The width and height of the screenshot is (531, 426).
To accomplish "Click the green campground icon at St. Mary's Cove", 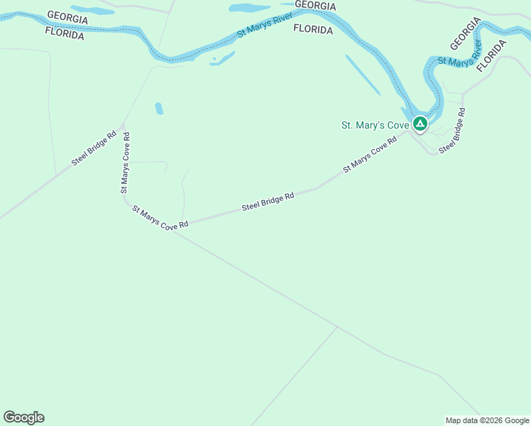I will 420,124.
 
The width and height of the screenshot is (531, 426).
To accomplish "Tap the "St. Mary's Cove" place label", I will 376,125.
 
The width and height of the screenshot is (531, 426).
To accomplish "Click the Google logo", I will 23,417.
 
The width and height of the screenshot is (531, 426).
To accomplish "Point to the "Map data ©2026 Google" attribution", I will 488,420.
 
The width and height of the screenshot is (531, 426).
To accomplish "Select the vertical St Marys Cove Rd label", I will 125,163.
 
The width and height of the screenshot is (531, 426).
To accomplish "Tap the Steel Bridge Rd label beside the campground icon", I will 452,130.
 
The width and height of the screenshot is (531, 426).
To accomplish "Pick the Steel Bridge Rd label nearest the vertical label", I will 93,148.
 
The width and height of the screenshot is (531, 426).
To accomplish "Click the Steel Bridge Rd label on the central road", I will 268,202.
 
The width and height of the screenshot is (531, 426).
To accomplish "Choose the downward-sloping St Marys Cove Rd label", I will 160,217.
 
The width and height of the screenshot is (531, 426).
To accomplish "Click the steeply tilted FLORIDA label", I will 492,55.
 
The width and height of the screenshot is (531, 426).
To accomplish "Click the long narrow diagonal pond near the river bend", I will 363,75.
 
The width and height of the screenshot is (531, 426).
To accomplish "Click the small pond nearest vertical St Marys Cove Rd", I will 159,109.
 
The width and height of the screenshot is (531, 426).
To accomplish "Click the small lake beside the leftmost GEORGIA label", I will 92,11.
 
